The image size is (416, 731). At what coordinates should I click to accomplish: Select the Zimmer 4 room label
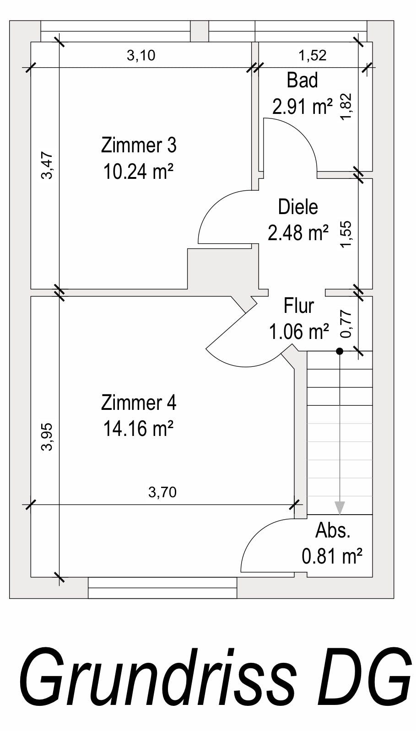(139, 403)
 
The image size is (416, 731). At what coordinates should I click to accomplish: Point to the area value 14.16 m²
(138, 428)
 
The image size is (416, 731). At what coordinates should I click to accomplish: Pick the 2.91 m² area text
(303, 106)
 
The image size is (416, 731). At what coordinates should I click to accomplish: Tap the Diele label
(298, 207)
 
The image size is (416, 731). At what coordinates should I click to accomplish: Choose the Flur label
(299, 306)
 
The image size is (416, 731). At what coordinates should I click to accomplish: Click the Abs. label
(333, 531)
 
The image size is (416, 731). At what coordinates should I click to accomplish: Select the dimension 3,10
(141, 56)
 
